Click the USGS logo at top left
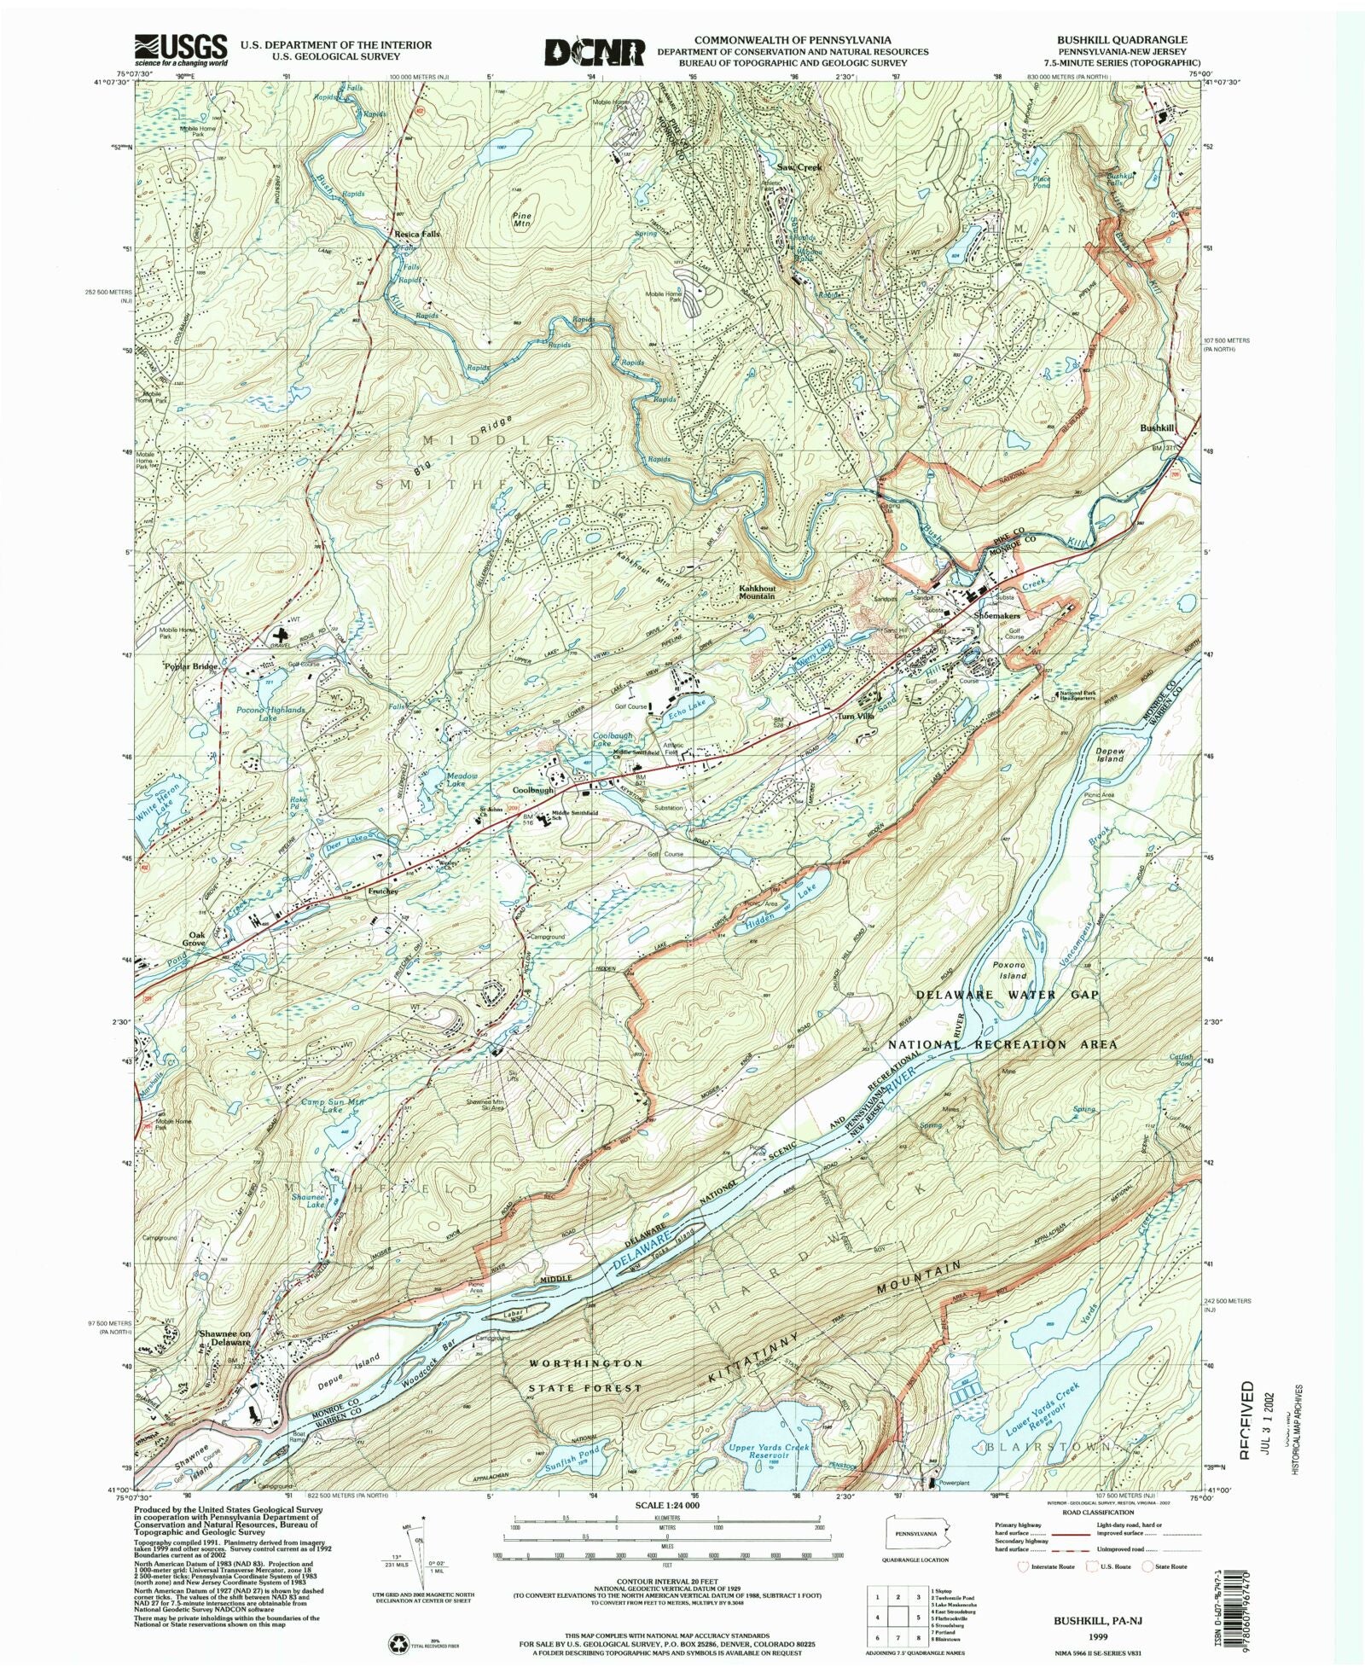[x=181, y=49]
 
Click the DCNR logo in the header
[x=595, y=51]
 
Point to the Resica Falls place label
[x=416, y=233]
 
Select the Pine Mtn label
[x=521, y=220]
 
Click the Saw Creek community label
[x=799, y=167]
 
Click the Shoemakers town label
[x=996, y=615]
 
